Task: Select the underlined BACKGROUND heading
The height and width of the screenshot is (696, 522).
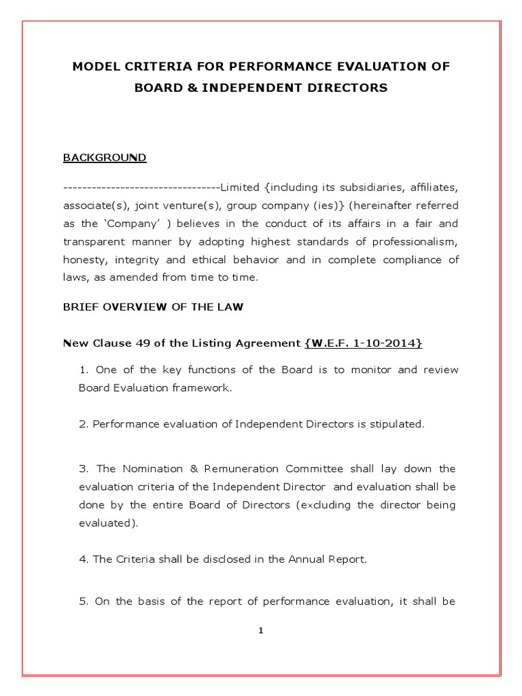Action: pos(104,158)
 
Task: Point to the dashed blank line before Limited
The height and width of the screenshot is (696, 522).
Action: pos(141,187)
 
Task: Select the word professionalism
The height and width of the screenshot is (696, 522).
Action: pos(417,242)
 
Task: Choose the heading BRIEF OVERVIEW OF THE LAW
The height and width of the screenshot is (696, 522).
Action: pos(153,307)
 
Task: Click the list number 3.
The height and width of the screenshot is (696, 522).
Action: pos(83,469)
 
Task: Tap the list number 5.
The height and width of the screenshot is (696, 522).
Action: pos(83,601)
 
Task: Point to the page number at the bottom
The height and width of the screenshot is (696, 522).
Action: pos(260,631)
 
